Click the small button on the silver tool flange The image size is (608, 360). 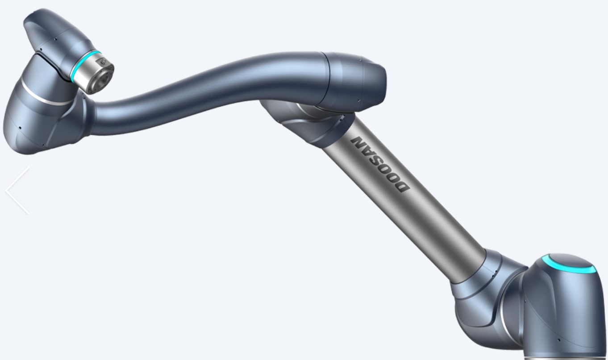[x=103, y=62]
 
